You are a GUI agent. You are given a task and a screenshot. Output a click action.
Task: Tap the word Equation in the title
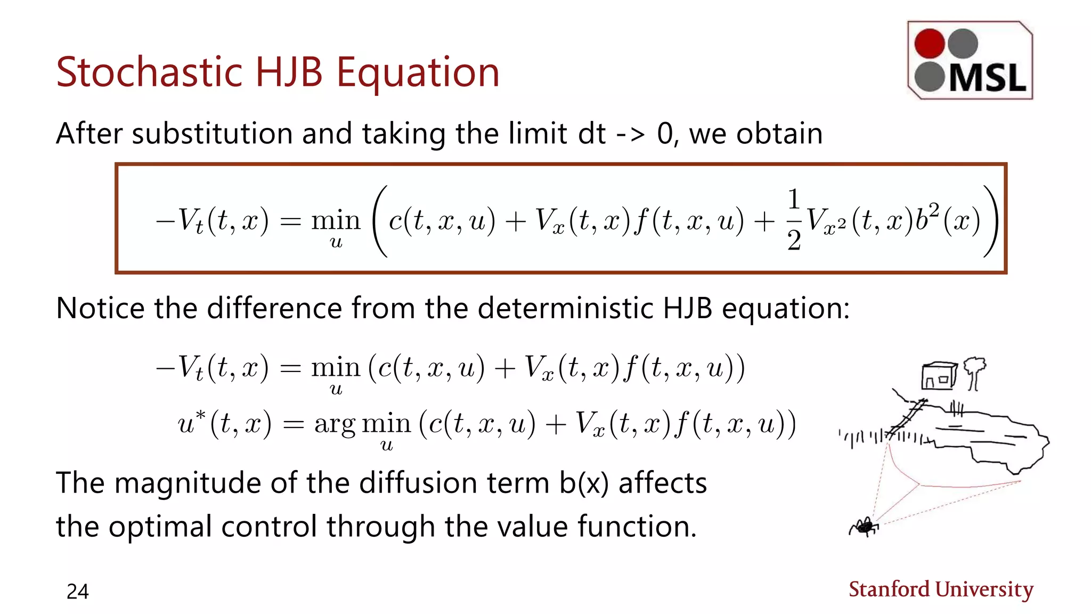pos(418,74)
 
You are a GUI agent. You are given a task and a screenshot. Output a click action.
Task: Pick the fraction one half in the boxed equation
pos(794,220)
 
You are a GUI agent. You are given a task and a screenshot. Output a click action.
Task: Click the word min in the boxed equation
pos(336,220)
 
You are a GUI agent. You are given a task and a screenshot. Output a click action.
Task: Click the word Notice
pos(100,309)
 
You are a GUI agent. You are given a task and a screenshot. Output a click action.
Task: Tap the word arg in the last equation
pos(335,425)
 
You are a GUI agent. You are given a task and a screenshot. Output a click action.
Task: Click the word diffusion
pos(418,483)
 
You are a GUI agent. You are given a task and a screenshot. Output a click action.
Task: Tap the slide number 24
pos(77,592)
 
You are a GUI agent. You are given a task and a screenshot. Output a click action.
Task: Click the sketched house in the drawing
pos(938,376)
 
